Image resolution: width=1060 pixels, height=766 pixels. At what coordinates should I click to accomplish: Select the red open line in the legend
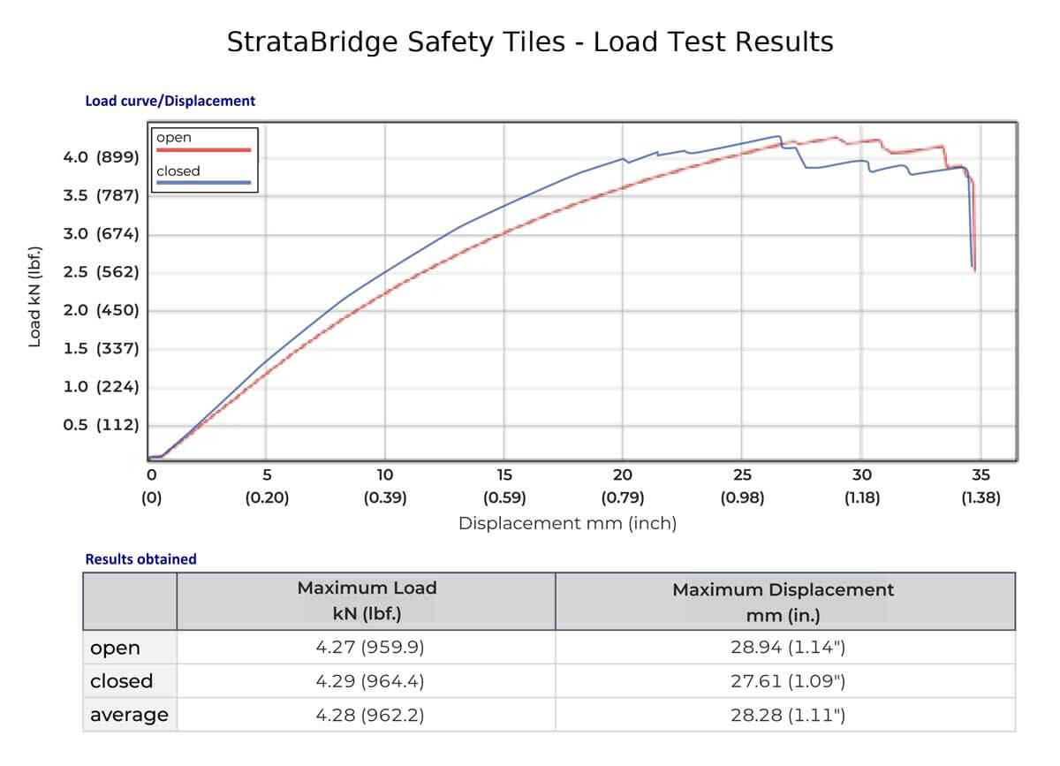[x=203, y=151]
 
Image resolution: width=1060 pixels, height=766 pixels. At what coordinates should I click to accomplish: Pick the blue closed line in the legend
[x=203, y=184]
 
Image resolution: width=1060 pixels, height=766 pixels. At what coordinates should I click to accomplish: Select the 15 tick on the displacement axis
[x=504, y=474]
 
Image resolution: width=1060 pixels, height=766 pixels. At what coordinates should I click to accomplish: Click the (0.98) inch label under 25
[x=742, y=498]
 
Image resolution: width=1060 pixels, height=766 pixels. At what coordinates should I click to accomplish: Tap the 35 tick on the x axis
[x=980, y=474]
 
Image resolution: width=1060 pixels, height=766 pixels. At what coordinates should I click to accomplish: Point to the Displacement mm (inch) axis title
[x=567, y=524]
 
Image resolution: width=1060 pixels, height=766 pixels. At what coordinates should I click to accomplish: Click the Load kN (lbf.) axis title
[x=35, y=292]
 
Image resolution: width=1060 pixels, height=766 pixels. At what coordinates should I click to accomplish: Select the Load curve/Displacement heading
[x=170, y=101]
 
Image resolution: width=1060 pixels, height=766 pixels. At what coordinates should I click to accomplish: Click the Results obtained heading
[x=140, y=558]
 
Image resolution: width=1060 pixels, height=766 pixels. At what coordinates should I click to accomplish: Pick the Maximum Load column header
[x=367, y=601]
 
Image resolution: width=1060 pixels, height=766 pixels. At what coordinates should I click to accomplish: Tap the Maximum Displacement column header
[x=784, y=602]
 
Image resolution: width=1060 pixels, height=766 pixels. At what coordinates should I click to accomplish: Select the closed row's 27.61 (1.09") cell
[x=784, y=681]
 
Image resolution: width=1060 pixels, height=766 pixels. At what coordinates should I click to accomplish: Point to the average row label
[x=129, y=715]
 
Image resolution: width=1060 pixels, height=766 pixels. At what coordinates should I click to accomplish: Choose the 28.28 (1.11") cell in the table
[x=784, y=715]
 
